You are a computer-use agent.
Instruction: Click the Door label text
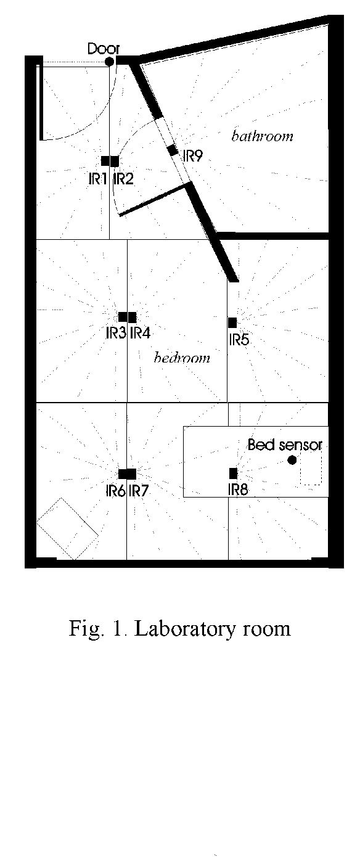click(104, 49)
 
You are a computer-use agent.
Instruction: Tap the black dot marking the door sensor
click(109, 61)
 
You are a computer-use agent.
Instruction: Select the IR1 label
click(97, 179)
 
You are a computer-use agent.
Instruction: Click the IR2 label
click(123, 179)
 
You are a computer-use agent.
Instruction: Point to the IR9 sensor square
click(173, 150)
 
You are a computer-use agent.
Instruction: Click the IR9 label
click(193, 156)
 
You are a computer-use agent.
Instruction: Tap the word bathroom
click(263, 136)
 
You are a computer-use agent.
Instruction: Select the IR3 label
click(117, 333)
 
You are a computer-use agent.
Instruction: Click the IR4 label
click(140, 333)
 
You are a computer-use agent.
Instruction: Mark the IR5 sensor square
click(232, 322)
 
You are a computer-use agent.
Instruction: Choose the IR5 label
click(239, 339)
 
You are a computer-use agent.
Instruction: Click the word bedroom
click(182, 358)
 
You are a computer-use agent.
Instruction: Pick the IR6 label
click(116, 491)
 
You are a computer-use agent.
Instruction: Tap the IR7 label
click(138, 491)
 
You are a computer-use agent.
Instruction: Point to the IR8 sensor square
click(234, 474)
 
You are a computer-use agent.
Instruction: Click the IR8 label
click(238, 490)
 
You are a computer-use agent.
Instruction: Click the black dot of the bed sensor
click(292, 461)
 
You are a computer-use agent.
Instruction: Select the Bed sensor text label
click(285, 445)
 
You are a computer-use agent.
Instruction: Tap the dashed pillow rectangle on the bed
click(311, 467)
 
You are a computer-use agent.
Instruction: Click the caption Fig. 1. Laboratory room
click(180, 628)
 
